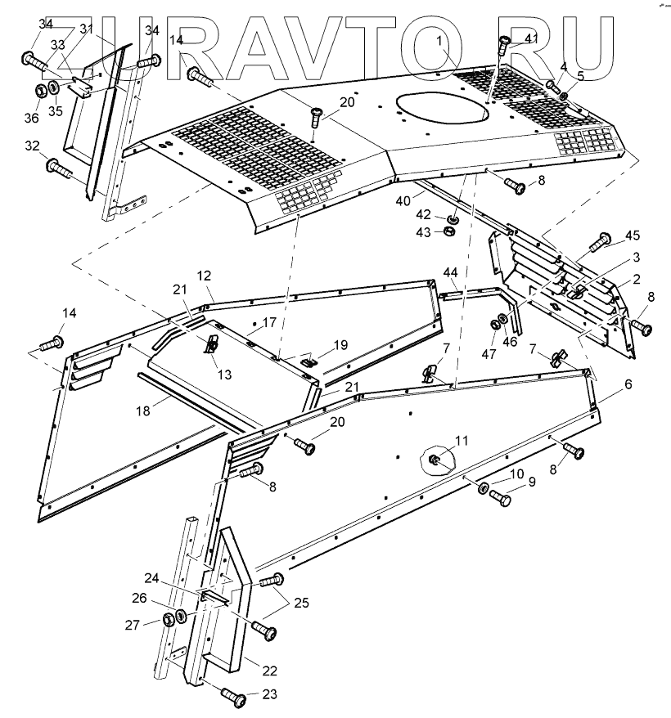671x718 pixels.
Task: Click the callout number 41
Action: click(x=532, y=38)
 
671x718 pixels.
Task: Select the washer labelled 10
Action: click(x=483, y=488)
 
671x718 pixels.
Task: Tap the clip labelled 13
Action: click(x=211, y=344)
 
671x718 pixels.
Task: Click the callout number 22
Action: click(x=270, y=671)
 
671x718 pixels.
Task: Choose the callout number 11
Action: click(x=462, y=441)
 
